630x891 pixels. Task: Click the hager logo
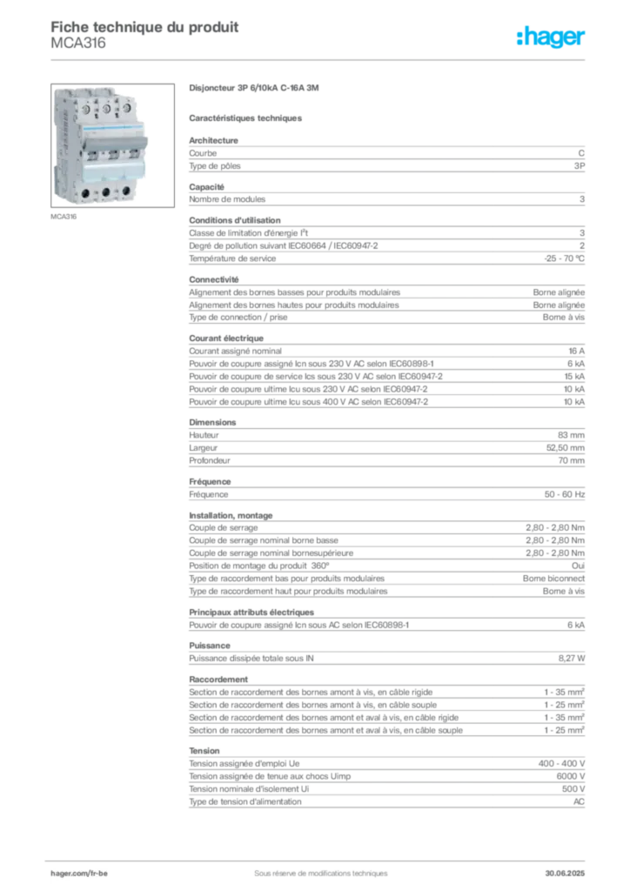(x=550, y=37)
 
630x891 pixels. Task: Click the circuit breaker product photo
(x=112, y=145)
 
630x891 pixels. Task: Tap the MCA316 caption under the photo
(x=64, y=217)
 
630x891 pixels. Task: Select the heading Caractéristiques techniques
(x=245, y=118)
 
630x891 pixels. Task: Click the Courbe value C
(x=581, y=153)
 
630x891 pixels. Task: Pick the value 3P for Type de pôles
(x=579, y=166)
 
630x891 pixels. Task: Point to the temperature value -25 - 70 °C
(x=564, y=258)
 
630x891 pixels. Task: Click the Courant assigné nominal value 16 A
(x=576, y=352)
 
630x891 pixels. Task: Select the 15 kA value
(x=574, y=377)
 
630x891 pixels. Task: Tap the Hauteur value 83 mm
(x=571, y=435)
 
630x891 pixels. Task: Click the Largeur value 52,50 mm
(x=566, y=448)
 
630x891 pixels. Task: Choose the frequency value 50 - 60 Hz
(x=564, y=494)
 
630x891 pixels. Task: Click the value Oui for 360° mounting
(x=578, y=566)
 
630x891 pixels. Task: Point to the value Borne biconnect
(x=554, y=579)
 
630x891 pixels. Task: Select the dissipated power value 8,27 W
(x=572, y=659)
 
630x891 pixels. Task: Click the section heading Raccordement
(x=218, y=680)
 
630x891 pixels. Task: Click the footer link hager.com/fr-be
(x=79, y=874)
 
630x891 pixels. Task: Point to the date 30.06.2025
(x=565, y=874)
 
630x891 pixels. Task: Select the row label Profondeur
(x=210, y=461)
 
